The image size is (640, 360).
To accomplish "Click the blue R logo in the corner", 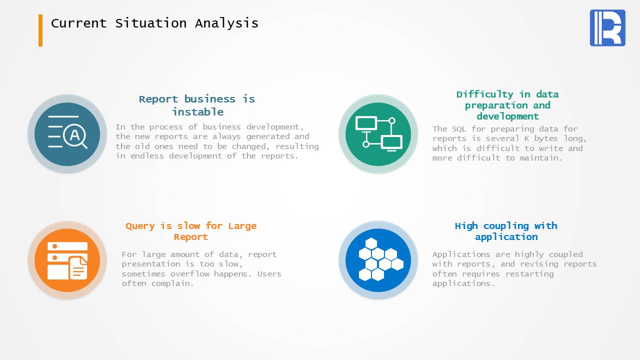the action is (x=607, y=27).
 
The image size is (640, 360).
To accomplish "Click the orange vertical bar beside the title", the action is (x=40, y=30).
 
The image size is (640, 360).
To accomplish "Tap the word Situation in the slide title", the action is (x=151, y=23).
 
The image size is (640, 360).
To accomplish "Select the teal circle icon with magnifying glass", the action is (x=67, y=134).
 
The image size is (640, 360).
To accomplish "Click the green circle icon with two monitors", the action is (x=378, y=134).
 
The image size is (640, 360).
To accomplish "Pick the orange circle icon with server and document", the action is (x=67, y=260).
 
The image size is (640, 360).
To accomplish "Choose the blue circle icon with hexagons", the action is (x=378, y=260).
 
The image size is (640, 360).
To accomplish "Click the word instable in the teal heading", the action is (x=197, y=111).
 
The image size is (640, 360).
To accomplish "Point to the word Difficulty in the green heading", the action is (x=485, y=94).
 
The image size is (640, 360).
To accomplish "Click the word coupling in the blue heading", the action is (x=506, y=226).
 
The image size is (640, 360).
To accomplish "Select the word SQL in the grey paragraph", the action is (x=459, y=129).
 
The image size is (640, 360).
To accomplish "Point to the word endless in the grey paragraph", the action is (x=147, y=156).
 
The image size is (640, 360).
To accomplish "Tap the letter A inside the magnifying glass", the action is (x=75, y=135).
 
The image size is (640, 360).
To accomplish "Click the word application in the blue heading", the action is (x=506, y=237).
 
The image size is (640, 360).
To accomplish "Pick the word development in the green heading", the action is (x=507, y=117).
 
